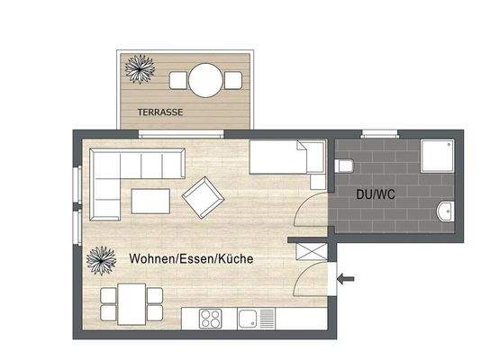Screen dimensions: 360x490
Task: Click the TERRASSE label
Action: [x=160, y=112]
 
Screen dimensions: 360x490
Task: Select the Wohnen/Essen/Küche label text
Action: [x=190, y=258]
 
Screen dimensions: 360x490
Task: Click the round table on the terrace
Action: [x=206, y=80]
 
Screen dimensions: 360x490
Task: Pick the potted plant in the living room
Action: [x=100, y=262]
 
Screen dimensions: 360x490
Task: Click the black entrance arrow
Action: [x=346, y=279]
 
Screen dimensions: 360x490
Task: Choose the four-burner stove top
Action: [x=213, y=318]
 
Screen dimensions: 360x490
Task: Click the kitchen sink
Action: [x=257, y=318]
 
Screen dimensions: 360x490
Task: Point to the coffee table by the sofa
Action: [x=150, y=200]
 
